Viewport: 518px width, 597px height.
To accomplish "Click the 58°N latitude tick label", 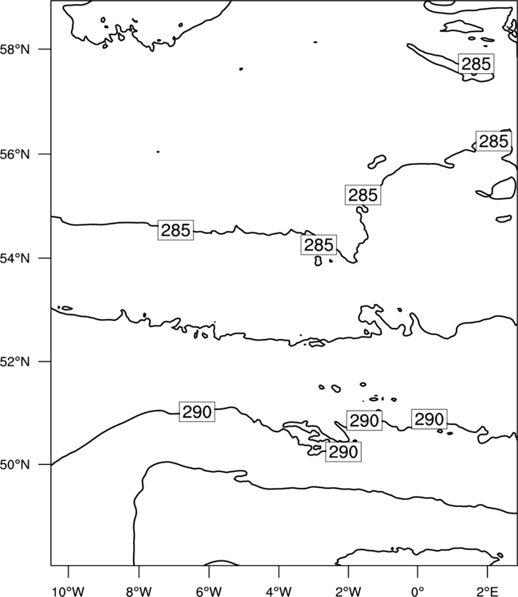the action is [x=15, y=49].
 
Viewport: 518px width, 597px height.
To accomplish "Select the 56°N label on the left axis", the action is [x=15, y=154].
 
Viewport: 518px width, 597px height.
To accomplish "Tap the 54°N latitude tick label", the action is [x=15, y=259].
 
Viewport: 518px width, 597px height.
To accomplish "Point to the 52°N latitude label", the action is [x=15, y=361].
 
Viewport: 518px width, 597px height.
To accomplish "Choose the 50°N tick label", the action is [x=15, y=465].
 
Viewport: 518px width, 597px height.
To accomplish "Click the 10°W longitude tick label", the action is [x=69, y=591].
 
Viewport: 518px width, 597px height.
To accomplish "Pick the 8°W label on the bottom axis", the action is [x=139, y=591].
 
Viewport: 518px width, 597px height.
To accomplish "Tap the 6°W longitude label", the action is [x=209, y=591].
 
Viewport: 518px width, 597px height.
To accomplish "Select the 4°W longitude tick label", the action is [x=279, y=591].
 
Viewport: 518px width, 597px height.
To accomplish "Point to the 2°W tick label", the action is [x=348, y=591].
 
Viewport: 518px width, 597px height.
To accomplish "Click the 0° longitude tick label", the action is [x=418, y=591].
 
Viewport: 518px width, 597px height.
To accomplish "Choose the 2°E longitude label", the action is [x=488, y=591].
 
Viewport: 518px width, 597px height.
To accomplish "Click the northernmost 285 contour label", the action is [x=476, y=64].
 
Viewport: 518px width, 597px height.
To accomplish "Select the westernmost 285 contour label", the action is [x=175, y=230].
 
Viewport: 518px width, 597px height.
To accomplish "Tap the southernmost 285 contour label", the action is [x=319, y=245].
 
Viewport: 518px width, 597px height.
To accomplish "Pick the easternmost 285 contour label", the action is [x=493, y=141].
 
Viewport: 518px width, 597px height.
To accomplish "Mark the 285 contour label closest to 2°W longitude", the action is [x=363, y=195].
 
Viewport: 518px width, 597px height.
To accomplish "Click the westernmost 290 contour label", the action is [x=197, y=412].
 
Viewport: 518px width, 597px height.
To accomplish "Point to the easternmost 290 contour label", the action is [x=430, y=419].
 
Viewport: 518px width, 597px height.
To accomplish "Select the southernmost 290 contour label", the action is [x=343, y=452].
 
